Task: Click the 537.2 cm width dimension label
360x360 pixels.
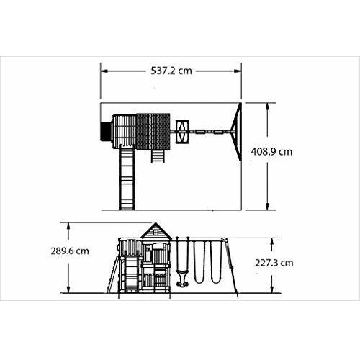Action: point(171,71)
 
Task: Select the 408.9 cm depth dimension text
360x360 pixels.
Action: point(271,152)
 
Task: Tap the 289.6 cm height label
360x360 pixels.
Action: point(70,251)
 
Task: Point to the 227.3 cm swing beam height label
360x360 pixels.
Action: point(274,263)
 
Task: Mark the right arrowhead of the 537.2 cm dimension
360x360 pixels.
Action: point(238,71)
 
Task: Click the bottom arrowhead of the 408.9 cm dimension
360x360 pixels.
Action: point(268,207)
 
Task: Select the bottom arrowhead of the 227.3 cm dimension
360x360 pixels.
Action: point(272,289)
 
